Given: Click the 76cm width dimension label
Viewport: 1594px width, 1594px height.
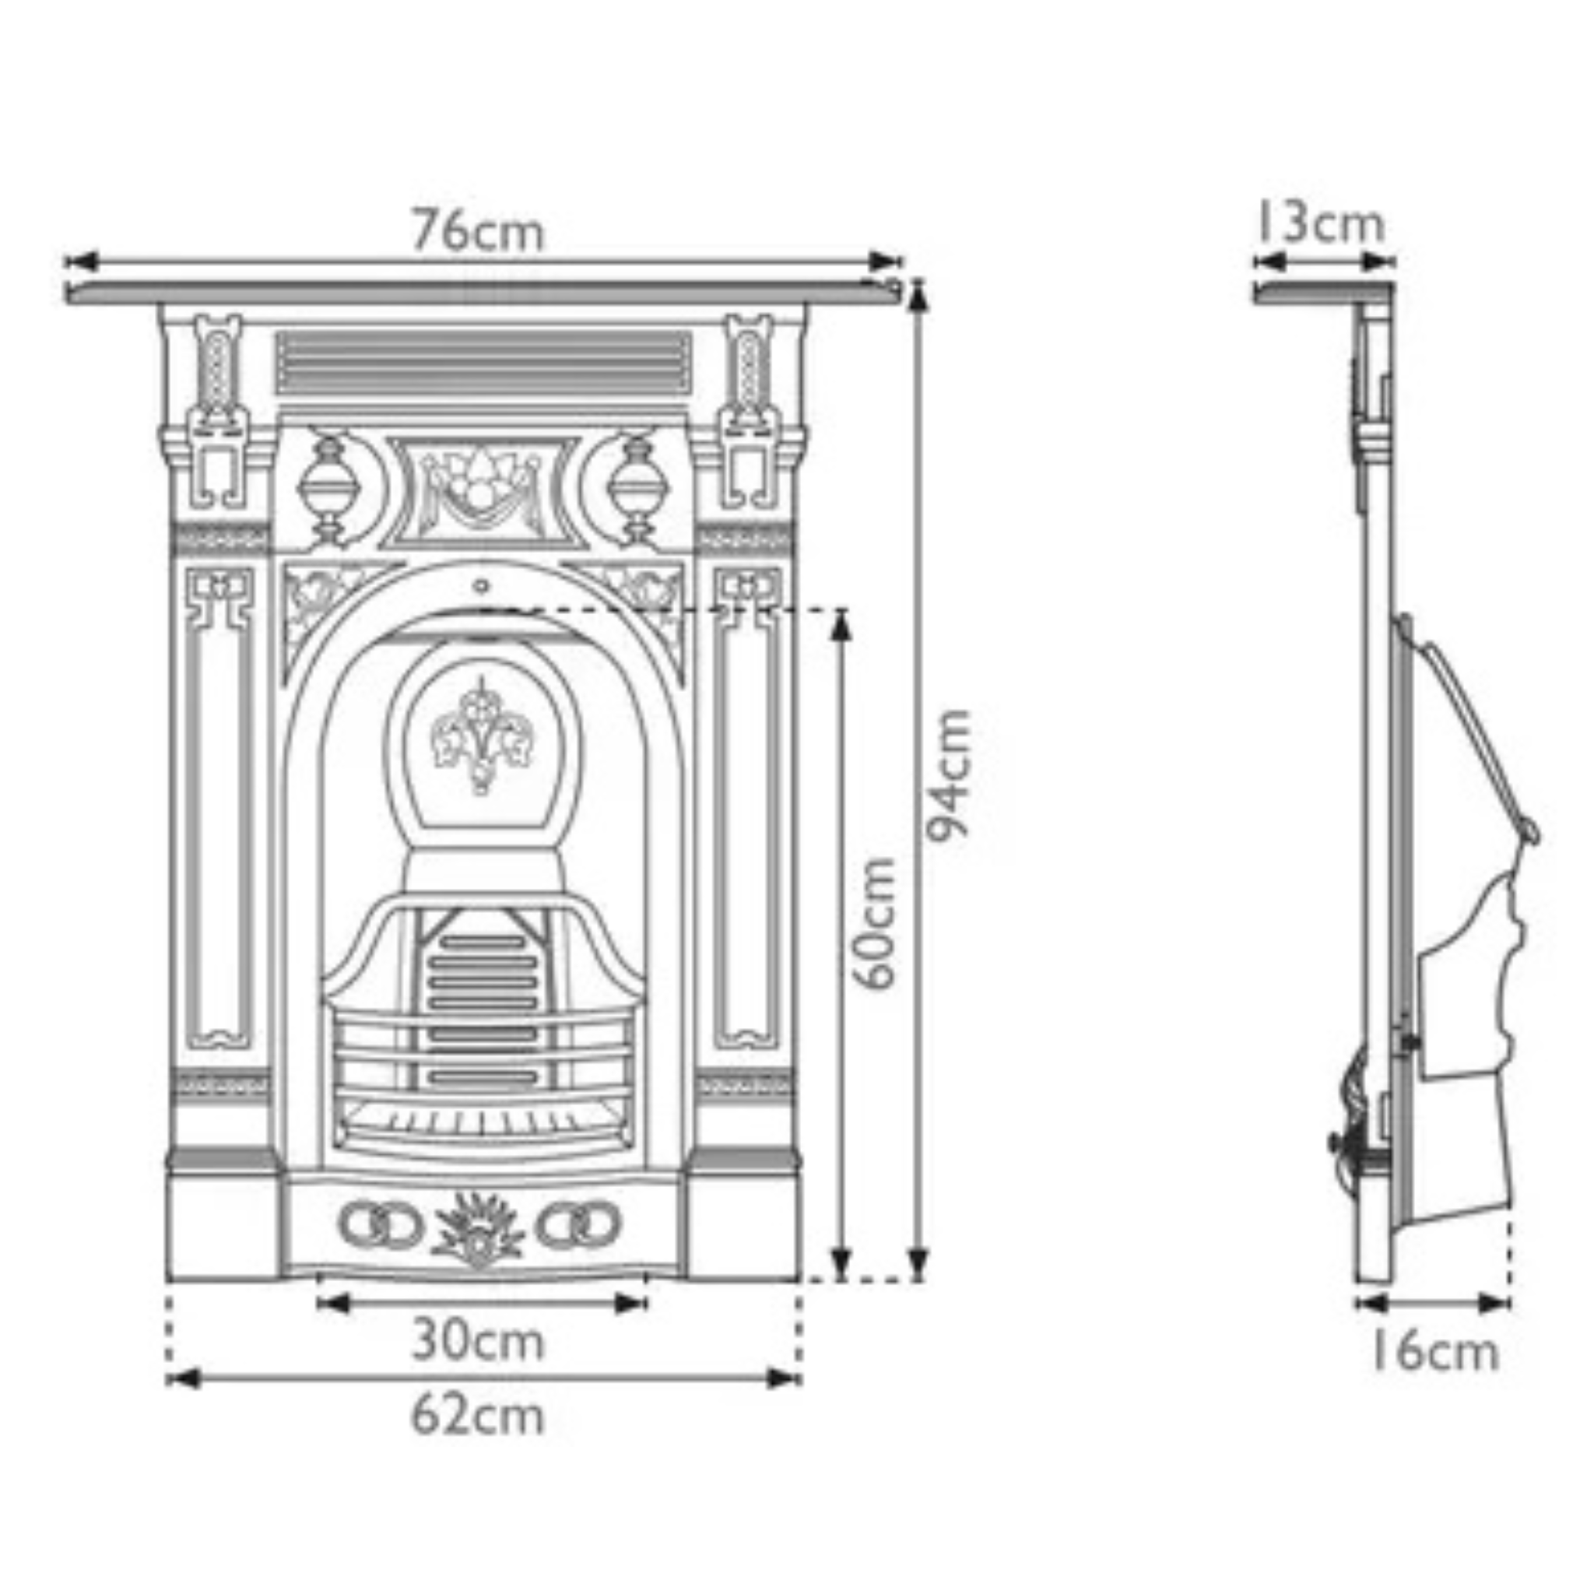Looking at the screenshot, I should (x=479, y=232).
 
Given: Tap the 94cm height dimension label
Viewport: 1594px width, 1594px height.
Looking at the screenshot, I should (x=948, y=774).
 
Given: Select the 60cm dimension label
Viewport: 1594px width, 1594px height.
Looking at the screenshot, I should (x=874, y=923).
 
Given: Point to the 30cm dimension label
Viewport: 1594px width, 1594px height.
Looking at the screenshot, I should (x=479, y=1341).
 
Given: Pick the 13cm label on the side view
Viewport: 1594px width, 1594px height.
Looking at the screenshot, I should (x=1320, y=224).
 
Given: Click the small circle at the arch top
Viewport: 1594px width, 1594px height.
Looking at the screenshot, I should (x=482, y=587).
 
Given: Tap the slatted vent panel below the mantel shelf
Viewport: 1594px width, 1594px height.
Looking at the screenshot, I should (x=483, y=363).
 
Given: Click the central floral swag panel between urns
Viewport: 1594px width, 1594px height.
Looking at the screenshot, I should (x=483, y=491).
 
